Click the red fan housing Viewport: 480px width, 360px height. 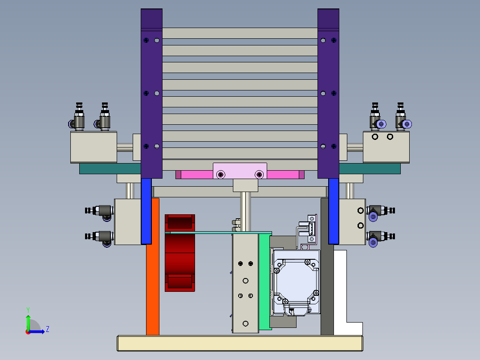pyautogui.click(x=180, y=253)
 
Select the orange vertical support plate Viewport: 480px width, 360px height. pyautogui.click(x=153, y=266)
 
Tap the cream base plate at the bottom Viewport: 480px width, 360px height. pyautogui.click(x=240, y=343)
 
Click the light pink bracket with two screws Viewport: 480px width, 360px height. pyautogui.click(x=240, y=171)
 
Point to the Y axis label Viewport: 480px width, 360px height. pyautogui.click(x=28, y=310)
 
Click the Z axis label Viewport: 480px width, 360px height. pyautogui.click(x=48, y=329)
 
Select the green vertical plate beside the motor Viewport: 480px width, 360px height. pyautogui.click(x=265, y=281)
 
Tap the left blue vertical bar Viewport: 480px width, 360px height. pyautogui.click(x=146, y=211)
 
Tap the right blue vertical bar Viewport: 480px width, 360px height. pyautogui.click(x=334, y=211)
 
